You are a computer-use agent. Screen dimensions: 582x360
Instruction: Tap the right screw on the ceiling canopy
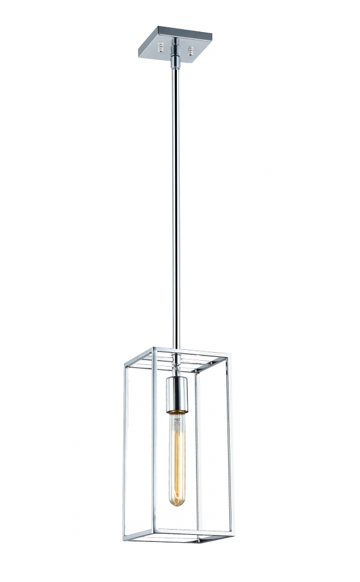point(191,45)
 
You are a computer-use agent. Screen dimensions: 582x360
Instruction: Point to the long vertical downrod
point(176,204)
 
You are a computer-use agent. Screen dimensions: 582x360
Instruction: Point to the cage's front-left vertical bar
point(154,442)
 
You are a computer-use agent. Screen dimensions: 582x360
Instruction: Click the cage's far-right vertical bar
point(227,442)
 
